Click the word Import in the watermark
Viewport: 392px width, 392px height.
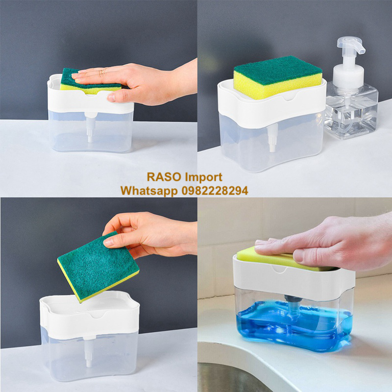[x=203, y=177]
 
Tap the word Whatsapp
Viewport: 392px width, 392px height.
[x=149, y=191]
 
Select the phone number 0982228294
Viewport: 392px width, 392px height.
[x=215, y=191]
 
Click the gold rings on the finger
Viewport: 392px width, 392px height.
[x=102, y=72]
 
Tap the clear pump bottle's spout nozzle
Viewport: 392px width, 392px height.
[x=361, y=49]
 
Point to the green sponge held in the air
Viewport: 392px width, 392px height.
[x=98, y=267]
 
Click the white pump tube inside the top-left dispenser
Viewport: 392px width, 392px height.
[x=90, y=127]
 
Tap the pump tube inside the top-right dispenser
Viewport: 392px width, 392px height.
[x=272, y=137]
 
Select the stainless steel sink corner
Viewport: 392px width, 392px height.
[x=232, y=377]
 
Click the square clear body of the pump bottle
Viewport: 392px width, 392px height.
[x=351, y=110]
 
